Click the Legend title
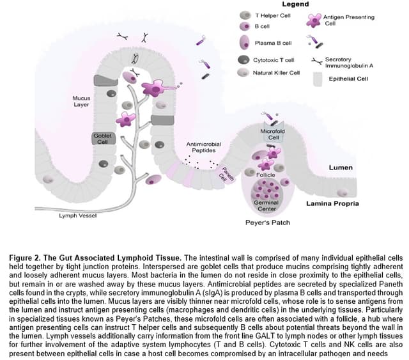295,4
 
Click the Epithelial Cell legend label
348,79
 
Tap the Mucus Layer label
81,102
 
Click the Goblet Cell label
102,139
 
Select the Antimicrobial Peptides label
203,147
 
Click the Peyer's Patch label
268,223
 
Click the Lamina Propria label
332,204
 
